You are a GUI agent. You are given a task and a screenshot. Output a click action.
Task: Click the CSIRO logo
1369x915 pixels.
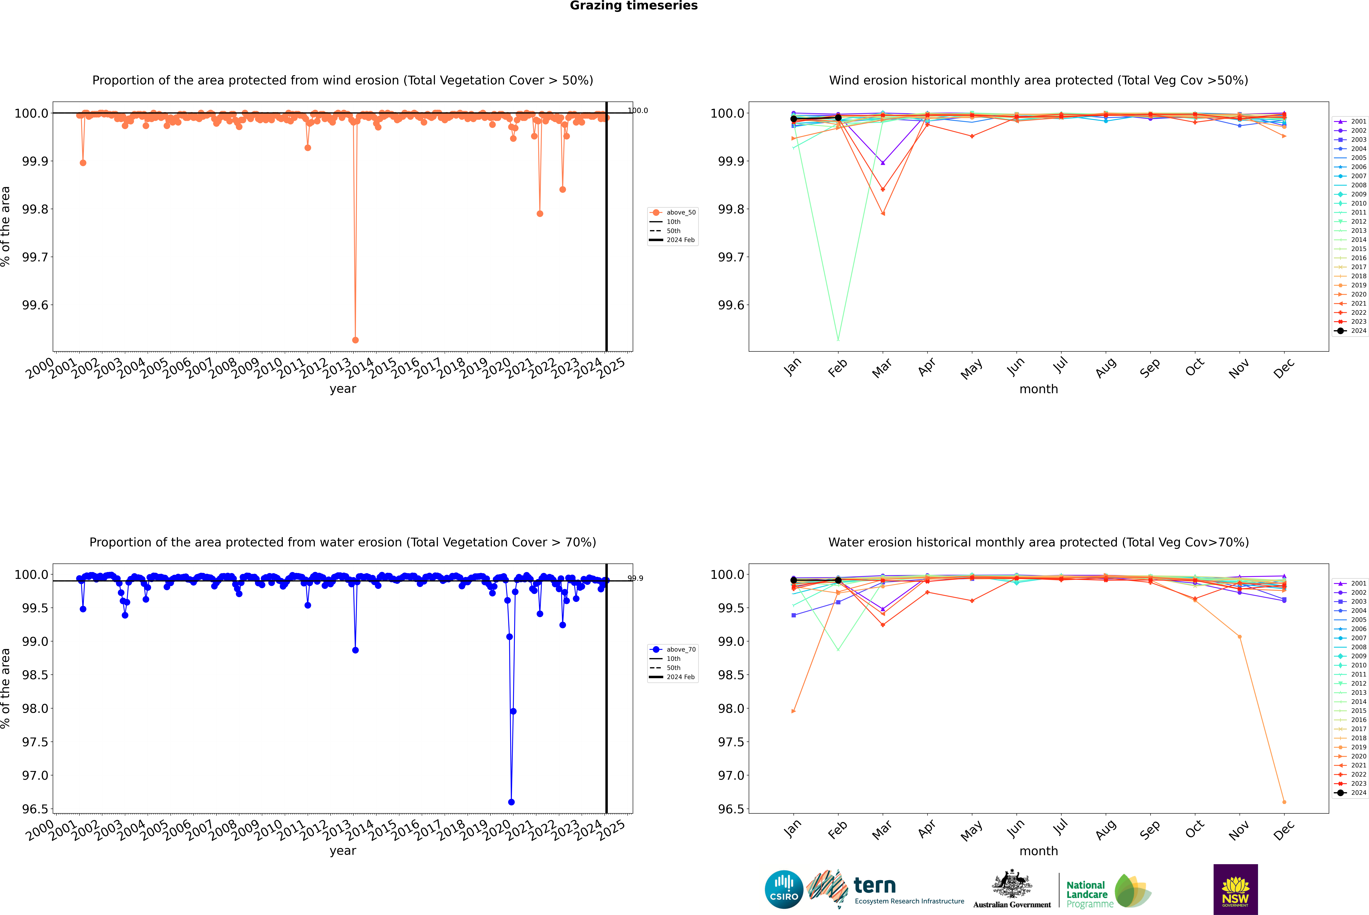(x=784, y=889)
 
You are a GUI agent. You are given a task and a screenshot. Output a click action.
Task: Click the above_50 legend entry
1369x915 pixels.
(x=680, y=212)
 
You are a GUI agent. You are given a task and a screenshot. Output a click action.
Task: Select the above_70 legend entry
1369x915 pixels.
(x=680, y=650)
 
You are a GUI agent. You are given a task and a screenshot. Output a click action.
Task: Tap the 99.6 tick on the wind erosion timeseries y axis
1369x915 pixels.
(x=35, y=305)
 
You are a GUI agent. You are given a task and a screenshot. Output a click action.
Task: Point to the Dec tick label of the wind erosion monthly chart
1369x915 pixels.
(x=1284, y=368)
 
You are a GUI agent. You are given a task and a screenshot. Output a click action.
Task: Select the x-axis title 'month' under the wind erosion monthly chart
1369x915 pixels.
(x=1038, y=389)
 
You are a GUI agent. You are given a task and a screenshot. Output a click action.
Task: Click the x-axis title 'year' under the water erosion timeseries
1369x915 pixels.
(x=343, y=851)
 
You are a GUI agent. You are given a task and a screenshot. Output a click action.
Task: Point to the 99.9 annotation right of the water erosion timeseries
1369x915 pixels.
(x=635, y=578)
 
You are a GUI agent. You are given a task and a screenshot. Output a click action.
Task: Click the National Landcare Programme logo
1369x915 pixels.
(x=1108, y=891)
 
